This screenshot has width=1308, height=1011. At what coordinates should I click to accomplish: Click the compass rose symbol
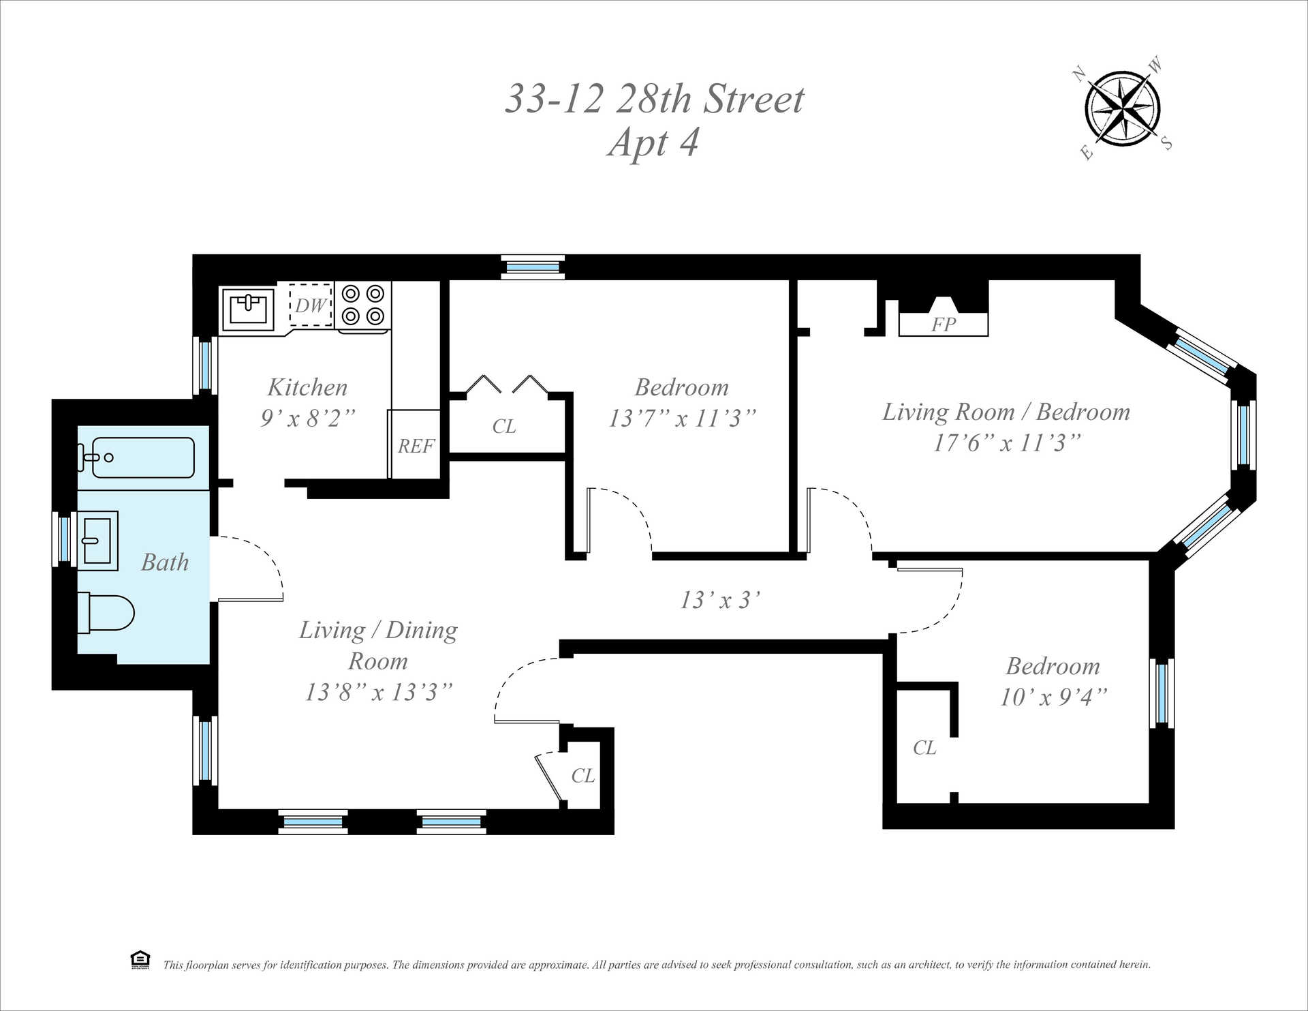coord(1122,108)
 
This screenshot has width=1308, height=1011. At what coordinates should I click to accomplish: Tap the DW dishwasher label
coord(311,305)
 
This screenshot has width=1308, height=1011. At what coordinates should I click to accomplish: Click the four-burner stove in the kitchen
coord(364,306)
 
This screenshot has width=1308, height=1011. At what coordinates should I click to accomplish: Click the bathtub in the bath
coord(143,457)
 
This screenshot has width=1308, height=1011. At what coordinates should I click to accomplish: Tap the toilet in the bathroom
coord(106,613)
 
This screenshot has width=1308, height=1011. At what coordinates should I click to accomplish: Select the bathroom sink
coord(97,541)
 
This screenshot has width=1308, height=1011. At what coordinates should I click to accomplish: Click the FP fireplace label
coord(944,325)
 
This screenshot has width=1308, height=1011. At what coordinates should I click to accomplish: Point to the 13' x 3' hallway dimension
coord(720,600)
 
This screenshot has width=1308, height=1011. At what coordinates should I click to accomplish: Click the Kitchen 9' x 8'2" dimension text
coord(308,418)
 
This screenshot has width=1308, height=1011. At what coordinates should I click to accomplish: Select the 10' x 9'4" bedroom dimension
coord(1053,697)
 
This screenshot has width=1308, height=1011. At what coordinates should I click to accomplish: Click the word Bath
coord(165,562)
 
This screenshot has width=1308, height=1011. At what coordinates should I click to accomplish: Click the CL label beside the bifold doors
coord(504,427)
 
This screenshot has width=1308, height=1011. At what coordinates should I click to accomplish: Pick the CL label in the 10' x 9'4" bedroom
coord(924,748)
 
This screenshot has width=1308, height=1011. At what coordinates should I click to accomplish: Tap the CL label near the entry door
coord(583,776)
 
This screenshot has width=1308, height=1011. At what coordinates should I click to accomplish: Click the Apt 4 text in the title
coord(653,143)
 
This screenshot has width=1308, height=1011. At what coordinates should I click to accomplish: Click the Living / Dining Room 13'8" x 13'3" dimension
coord(379,692)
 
